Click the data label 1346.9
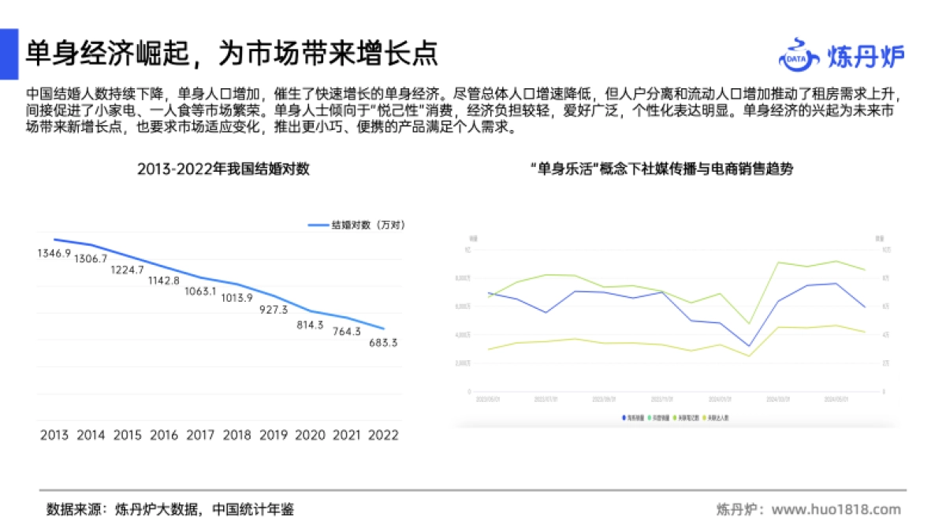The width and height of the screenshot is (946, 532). [54, 253]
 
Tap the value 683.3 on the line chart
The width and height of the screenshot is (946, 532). [383, 343]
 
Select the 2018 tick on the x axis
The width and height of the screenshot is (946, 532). [237, 434]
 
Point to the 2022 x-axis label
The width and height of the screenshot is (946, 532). [383, 434]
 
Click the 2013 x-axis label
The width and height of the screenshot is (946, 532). [54, 434]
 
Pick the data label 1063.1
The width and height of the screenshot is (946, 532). [200, 291]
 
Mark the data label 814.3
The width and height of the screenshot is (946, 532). [311, 325]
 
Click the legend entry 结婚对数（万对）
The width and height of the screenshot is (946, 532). [357, 225]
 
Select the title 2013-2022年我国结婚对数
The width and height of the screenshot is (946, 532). [223, 169]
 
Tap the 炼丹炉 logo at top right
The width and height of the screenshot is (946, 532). [841, 55]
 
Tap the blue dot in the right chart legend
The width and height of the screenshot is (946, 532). [624, 417]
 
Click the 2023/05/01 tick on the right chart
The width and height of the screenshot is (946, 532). [489, 399]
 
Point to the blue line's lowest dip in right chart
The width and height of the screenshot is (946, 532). [749, 346]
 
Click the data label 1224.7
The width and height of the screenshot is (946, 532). [127, 270]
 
